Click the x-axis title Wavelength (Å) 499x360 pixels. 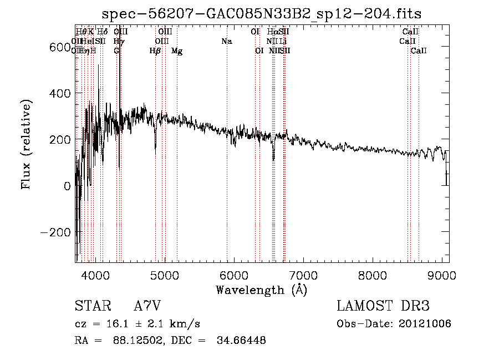[x=262, y=290]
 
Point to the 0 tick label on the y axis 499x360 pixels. [x=67, y=186]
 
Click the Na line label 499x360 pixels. [x=226, y=41]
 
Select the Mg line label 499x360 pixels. [x=177, y=51]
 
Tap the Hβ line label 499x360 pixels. [x=155, y=51]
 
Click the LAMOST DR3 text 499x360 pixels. [x=383, y=306]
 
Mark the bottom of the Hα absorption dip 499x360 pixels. [x=273, y=160]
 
